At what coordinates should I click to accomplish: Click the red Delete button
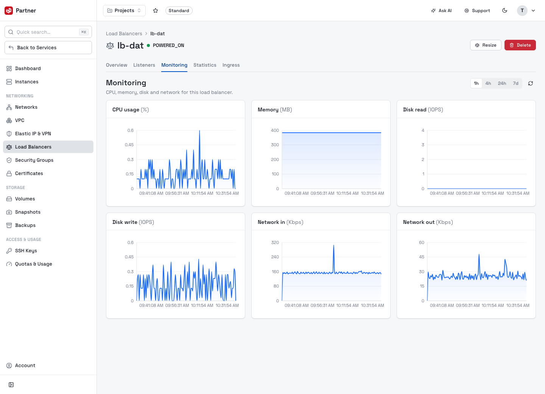520,45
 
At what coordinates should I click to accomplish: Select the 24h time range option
502,83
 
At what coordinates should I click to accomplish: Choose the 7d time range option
515,83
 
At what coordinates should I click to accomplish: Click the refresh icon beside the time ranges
530,83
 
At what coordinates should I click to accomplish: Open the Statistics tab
205,65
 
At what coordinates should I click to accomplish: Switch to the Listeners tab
144,65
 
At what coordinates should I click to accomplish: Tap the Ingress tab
231,65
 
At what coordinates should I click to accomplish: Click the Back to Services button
48,47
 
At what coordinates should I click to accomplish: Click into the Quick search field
48,32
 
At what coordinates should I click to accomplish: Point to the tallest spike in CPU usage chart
199,131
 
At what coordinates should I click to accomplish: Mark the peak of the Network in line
333,245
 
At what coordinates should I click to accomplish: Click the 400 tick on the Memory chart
275,130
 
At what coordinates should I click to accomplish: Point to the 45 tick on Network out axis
421,257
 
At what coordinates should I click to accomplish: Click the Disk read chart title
423,109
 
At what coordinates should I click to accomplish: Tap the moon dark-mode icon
505,11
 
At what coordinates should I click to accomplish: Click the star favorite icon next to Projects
156,11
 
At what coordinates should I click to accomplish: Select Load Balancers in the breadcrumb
124,34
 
